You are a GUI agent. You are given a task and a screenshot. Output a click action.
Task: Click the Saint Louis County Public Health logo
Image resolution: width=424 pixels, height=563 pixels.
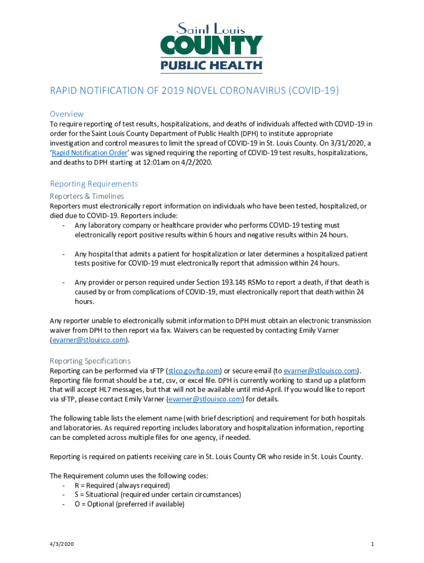[x=211, y=47]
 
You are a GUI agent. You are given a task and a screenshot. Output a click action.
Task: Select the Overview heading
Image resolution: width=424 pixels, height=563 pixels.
[x=67, y=114]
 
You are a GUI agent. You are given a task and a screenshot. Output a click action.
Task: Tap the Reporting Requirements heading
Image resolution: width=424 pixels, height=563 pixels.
[x=94, y=184]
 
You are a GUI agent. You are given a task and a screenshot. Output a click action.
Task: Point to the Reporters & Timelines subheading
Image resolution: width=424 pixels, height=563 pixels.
[x=86, y=196]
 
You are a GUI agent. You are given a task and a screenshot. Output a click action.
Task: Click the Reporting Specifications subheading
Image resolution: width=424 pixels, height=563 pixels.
[x=90, y=361]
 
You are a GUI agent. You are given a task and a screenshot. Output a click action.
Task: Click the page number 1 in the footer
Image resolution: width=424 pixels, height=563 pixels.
[x=373, y=544]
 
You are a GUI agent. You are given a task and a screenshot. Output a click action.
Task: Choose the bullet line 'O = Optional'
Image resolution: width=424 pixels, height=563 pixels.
[x=129, y=504]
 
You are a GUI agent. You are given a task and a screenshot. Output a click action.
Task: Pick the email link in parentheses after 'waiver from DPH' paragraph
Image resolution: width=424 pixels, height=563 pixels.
[x=89, y=340]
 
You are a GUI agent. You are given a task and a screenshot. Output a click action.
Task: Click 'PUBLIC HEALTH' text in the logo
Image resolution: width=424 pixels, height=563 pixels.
[x=211, y=65]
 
